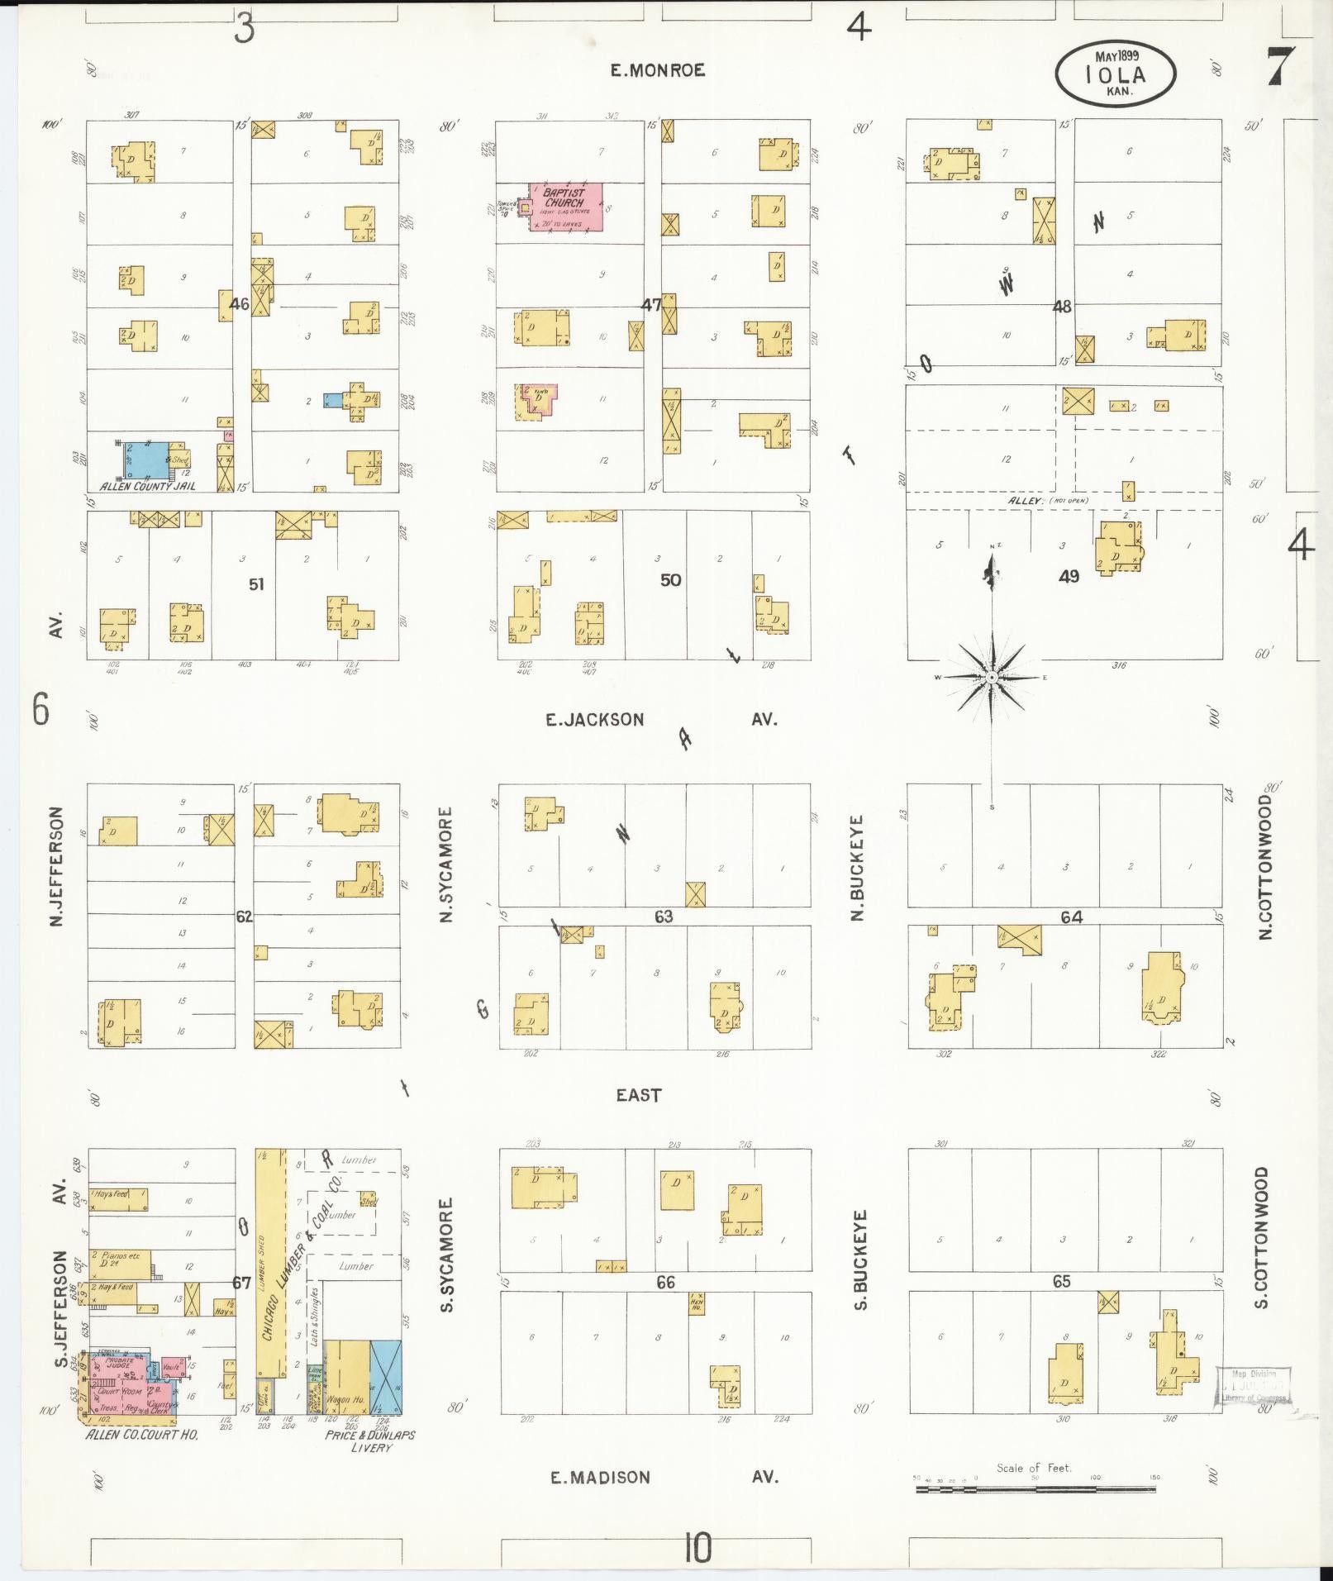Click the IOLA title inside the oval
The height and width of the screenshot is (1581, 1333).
click(x=1115, y=74)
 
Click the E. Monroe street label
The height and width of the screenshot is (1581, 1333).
click(x=658, y=70)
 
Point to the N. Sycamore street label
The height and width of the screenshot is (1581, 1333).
click(x=446, y=864)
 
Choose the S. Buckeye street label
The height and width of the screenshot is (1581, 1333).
click(x=859, y=1260)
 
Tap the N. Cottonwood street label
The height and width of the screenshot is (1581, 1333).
click(x=1264, y=866)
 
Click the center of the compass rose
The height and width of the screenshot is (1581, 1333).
click(x=991, y=678)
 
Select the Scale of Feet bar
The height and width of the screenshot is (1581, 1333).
click(x=1035, y=1489)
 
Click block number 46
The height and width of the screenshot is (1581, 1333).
click(x=240, y=304)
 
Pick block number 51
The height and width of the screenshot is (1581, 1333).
click(x=257, y=584)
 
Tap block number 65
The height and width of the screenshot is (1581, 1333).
click(x=1061, y=1281)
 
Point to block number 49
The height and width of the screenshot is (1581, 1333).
click(x=1069, y=576)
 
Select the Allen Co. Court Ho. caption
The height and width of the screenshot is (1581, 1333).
click(x=142, y=1435)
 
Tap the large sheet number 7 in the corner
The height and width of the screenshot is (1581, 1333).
click(x=1280, y=66)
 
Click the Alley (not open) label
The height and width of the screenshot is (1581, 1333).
click(x=1047, y=501)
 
